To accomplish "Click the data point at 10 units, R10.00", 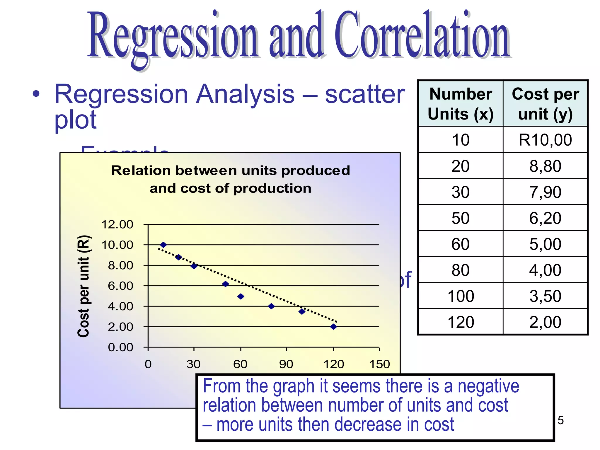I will click(x=163, y=245).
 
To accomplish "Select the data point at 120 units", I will click(x=333, y=327).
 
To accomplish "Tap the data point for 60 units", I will click(x=241, y=296).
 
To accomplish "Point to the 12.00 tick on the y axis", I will click(x=117, y=224).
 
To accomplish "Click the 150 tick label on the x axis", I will click(x=379, y=364).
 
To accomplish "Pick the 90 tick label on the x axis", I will click(x=286, y=364).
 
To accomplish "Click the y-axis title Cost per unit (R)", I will click(x=83, y=286).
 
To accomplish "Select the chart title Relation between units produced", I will click(x=231, y=171).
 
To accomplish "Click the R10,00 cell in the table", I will click(x=545, y=140).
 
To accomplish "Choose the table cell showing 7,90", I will click(x=545, y=192).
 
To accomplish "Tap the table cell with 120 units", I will click(x=461, y=322).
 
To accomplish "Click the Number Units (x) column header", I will click(x=461, y=104).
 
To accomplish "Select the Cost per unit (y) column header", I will click(x=545, y=104).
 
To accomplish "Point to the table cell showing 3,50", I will click(x=545, y=296).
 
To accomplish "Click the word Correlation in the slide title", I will click(x=422, y=35).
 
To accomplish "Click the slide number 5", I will click(x=560, y=420).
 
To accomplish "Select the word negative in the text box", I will click(x=488, y=386).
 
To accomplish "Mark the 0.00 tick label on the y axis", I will click(x=120, y=347).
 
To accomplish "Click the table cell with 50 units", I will click(x=461, y=218).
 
